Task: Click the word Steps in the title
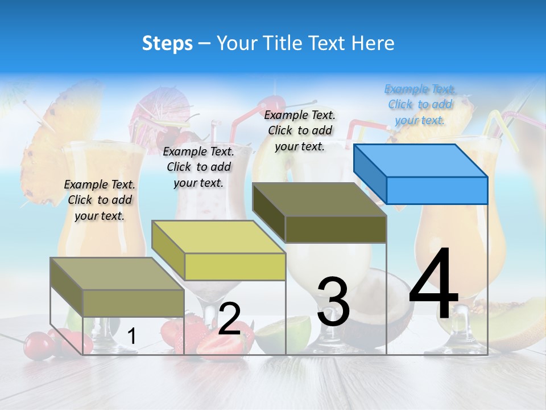(167, 43)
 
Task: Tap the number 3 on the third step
(333, 302)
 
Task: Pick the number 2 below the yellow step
(229, 319)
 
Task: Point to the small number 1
(131, 337)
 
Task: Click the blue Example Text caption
(420, 104)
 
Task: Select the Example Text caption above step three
(300, 130)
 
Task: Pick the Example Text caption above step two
(198, 167)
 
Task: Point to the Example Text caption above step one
(100, 200)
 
